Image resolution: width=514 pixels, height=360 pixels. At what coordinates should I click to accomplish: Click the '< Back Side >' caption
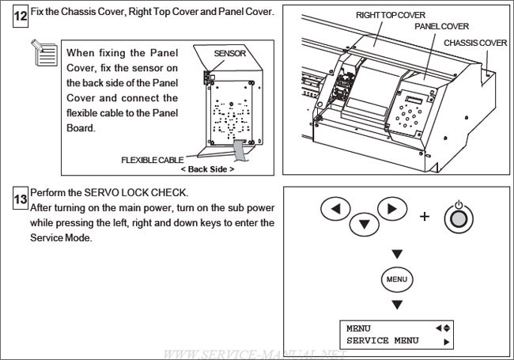[x=207, y=169]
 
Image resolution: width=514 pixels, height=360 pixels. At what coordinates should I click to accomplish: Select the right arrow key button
[x=391, y=210]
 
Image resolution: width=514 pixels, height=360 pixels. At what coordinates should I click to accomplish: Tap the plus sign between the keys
[x=423, y=216]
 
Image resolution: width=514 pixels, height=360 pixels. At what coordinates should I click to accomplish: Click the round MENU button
[x=397, y=279]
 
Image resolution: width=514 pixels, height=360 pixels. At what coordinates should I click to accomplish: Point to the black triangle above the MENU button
[x=397, y=254]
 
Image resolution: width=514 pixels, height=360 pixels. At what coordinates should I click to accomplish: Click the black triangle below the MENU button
[x=397, y=305]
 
